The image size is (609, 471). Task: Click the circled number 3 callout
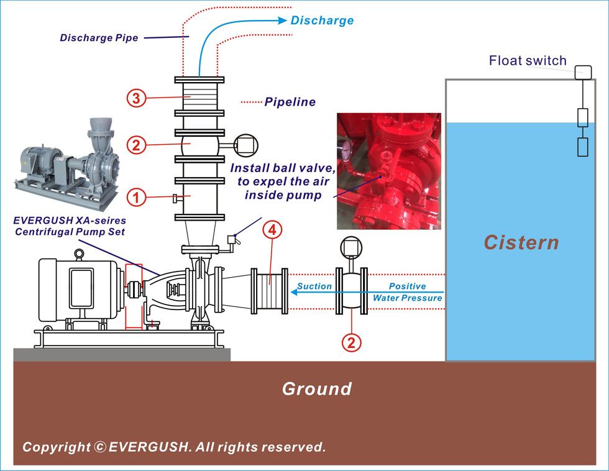click(136, 98)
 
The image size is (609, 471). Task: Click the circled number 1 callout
click(136, 198)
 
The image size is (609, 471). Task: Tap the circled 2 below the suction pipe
click(352, 341)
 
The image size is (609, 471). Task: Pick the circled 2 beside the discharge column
click(136, 145)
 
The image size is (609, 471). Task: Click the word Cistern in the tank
click(521, 242)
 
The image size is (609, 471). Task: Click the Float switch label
click(528, 60)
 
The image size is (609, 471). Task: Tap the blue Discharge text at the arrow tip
click(322, 21)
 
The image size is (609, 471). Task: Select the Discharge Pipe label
click(99, 38)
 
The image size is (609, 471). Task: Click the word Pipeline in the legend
click(290, 102)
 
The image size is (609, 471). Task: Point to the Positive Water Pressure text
click(407, 292)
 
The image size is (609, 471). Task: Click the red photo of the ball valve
click(388, 171)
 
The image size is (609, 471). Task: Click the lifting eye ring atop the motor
click(79, 253)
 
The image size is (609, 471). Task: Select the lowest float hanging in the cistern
click(582, 147)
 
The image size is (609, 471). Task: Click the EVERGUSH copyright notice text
click(174, 447)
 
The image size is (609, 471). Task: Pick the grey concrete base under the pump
click(122, 354)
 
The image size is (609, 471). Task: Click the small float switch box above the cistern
click(583, 72)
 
